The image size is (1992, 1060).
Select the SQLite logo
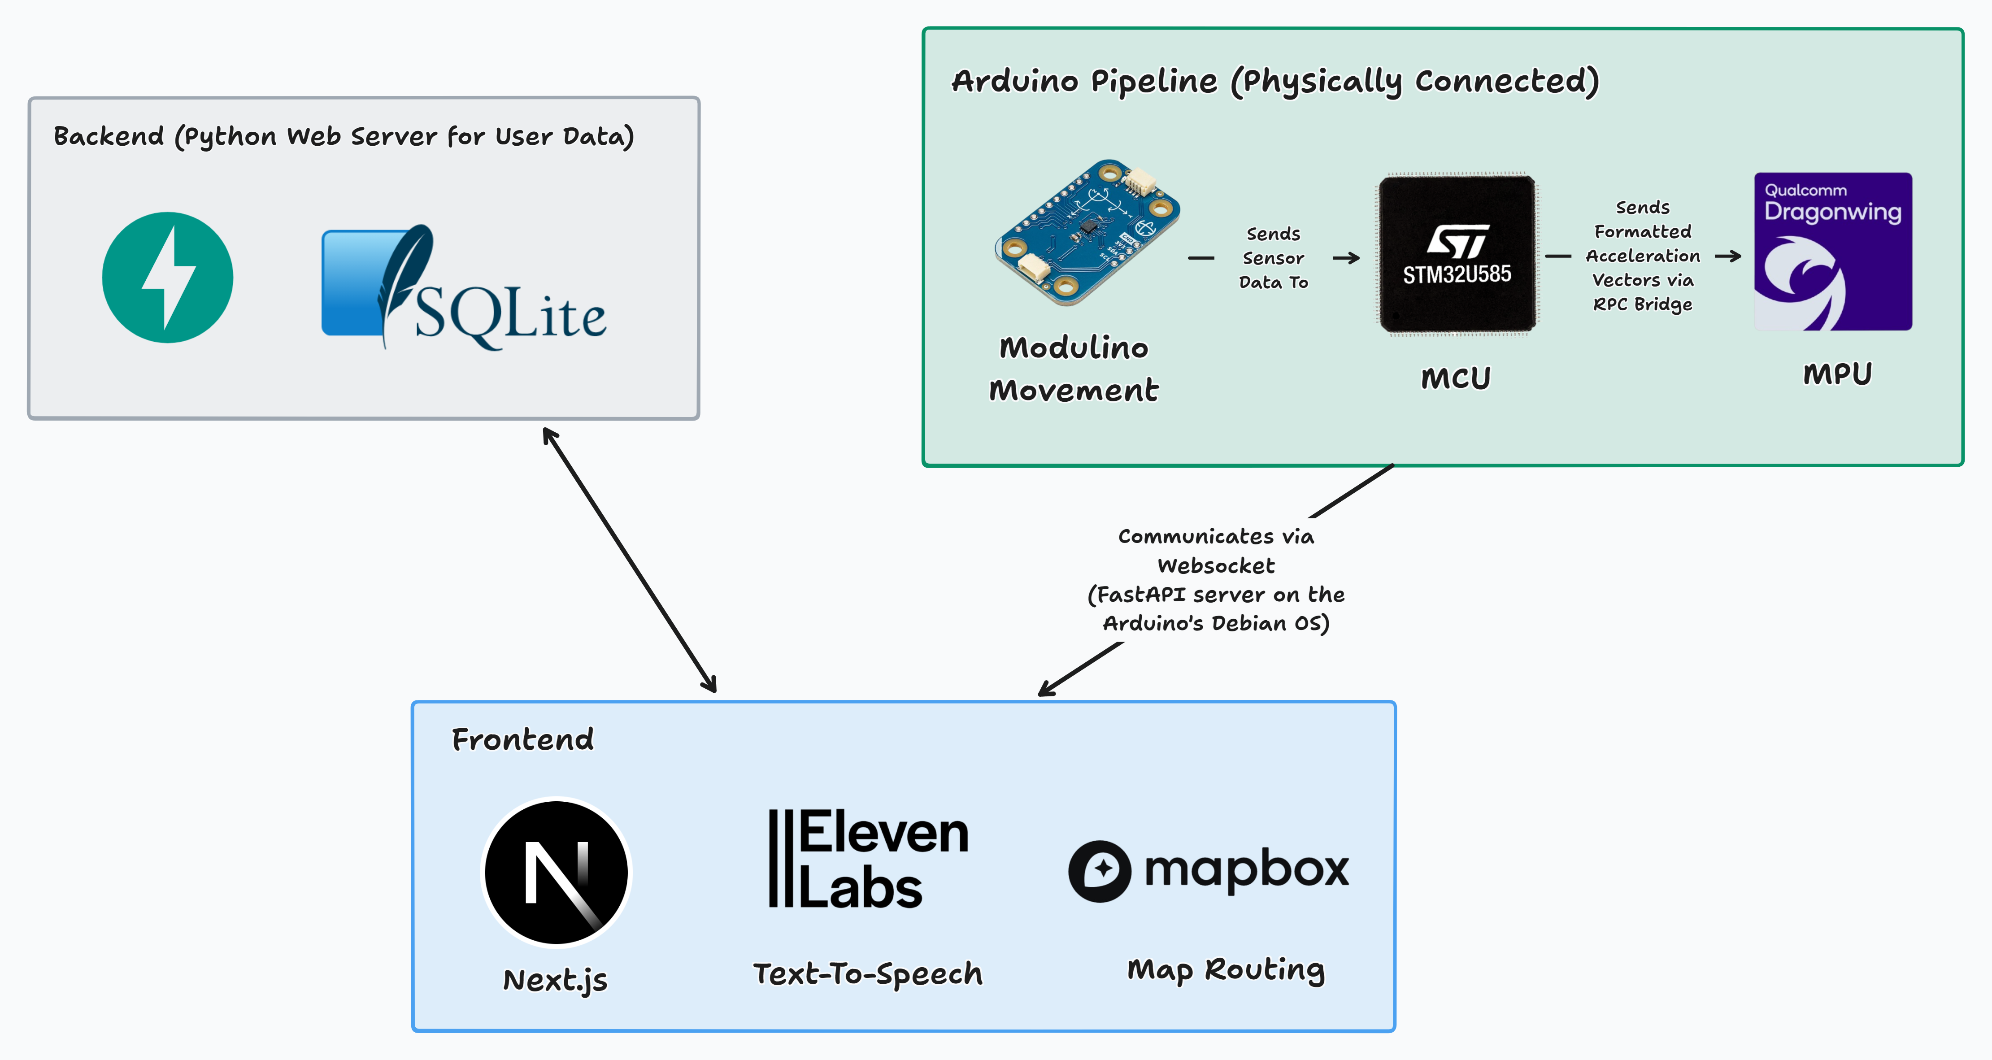tap(464, 287)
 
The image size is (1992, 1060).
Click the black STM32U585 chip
tap(1457, 254)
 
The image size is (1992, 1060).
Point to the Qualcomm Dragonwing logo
tap(1833, 251)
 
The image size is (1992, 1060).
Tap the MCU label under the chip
tap(1455, 378)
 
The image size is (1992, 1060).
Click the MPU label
tap(1837, 374)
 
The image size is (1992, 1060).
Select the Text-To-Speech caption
tap(868, 973)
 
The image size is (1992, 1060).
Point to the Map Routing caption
tap(1226, 969)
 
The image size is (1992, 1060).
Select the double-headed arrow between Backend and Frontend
tap(630, 560)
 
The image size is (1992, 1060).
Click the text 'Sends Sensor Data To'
tap(1273, 257)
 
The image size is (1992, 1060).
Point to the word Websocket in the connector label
tap(1216, 565)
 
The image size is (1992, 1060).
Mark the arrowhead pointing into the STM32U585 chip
tap(1353, 257)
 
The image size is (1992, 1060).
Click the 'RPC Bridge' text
tap(1643, 304)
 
